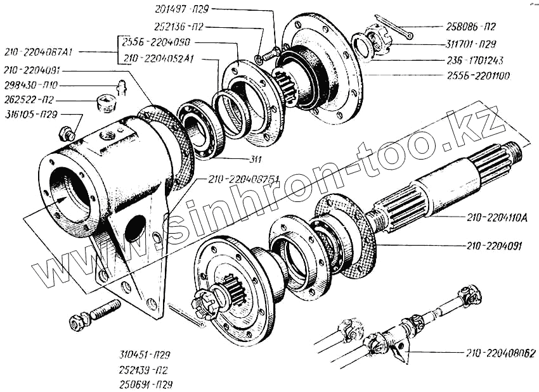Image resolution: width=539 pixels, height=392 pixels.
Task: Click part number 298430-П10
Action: tap(30, 85)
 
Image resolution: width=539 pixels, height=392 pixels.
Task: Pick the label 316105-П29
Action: tap(30, 115)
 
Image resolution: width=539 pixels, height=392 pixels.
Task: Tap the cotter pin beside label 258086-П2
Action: tap(394, 27)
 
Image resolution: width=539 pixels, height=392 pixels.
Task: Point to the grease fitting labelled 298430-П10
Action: tap(121, 87)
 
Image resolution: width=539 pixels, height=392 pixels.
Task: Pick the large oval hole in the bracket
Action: tap(135, 228)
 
